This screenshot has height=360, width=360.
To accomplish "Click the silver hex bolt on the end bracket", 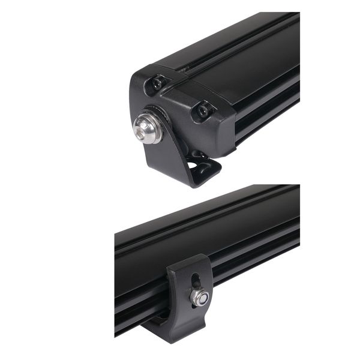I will coord(146,129).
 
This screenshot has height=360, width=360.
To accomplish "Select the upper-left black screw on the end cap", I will coord(158,83).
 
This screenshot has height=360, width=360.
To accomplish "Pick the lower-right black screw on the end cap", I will coord(205,110).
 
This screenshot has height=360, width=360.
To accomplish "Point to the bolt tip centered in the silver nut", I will coord(199,296).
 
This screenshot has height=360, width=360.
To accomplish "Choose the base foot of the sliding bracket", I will coord(174,330).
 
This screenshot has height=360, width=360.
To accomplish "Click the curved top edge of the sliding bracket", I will coord(189,260).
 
